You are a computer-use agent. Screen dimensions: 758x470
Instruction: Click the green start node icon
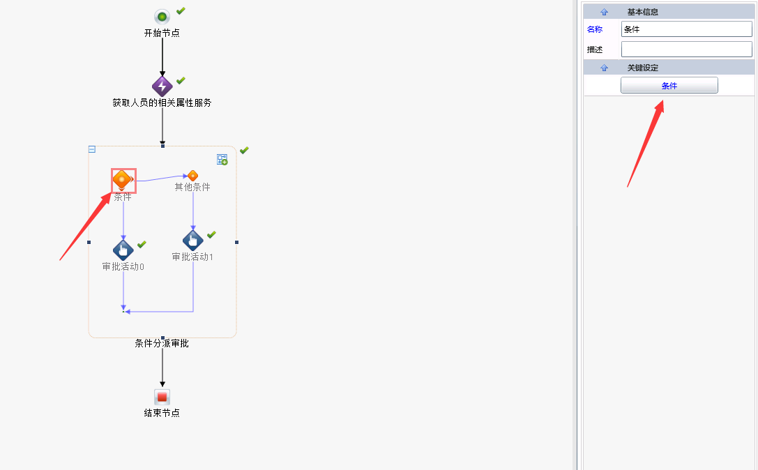[x=162, y=17]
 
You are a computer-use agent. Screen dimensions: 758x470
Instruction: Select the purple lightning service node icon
[x=162, y=86]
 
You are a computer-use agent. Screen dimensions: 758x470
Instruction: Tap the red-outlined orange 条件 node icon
[x=123, y=180]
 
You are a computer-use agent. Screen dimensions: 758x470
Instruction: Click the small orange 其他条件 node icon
[x=192, y=176]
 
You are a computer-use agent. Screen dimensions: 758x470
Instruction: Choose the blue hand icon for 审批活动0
[x=123, y=250]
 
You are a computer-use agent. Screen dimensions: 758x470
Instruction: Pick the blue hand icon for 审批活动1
[x=193, y=241]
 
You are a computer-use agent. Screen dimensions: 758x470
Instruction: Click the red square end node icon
[x=162, y=397]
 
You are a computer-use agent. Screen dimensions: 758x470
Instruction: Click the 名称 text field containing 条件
[x=686, y=29]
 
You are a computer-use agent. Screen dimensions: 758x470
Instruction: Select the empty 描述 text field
[x=686, y=50]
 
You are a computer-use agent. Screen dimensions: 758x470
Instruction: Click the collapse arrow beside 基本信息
[x=604, y=12]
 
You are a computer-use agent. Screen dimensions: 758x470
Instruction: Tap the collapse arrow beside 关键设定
[x=604, y=68]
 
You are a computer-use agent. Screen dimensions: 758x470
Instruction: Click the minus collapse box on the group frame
[x=92, y=149]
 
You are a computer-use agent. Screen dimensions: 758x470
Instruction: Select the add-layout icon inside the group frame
[x=222, y=160]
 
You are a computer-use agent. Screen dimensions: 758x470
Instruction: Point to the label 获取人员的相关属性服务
[x=162, y=103]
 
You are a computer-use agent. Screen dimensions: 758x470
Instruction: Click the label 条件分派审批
[x=162, y=343]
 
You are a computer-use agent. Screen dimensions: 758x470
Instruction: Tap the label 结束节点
[x=162, y=413]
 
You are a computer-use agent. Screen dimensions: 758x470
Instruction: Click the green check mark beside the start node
[x=181, y=10]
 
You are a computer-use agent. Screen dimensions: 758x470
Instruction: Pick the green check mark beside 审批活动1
[x=211, y=234]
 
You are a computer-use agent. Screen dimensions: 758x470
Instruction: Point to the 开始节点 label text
[x=162, y=33]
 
